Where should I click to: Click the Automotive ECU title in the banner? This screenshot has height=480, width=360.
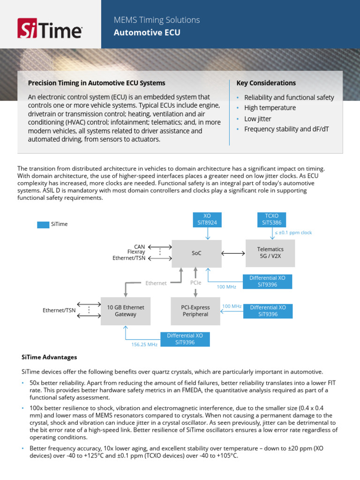click(x=147, y=32)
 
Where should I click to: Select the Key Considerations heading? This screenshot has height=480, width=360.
click(x=266, y=83)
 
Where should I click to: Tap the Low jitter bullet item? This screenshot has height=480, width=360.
click(x=257, y=119)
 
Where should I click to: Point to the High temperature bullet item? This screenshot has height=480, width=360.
click(x=270, y=108)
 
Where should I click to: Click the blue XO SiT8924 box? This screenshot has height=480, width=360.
click(x=207, y=219)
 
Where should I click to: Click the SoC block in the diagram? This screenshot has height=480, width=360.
click(x=196, y=253)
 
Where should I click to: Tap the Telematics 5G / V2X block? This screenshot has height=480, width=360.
click(x=270, y=253)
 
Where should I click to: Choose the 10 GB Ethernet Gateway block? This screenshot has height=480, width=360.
click(x=126, y=311)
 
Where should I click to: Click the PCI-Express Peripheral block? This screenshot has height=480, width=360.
click(x=195, y=311)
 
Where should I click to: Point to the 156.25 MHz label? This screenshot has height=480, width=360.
click(x=144, y=345)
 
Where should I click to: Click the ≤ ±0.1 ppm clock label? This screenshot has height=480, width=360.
click(x=293, y=232)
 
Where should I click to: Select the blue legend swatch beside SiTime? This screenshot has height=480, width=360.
click(x=43, y=225)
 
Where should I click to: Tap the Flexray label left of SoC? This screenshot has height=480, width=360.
click(x=136, y=252)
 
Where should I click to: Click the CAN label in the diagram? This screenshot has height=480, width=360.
click(x=140, y=247)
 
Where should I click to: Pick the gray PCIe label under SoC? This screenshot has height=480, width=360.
click(x=196, y=283)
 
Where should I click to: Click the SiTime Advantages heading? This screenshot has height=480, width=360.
click(x=49, y=357)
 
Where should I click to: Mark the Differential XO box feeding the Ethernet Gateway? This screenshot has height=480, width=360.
click(x=186, y=339)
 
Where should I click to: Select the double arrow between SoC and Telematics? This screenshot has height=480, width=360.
click(x=233, y=253)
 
